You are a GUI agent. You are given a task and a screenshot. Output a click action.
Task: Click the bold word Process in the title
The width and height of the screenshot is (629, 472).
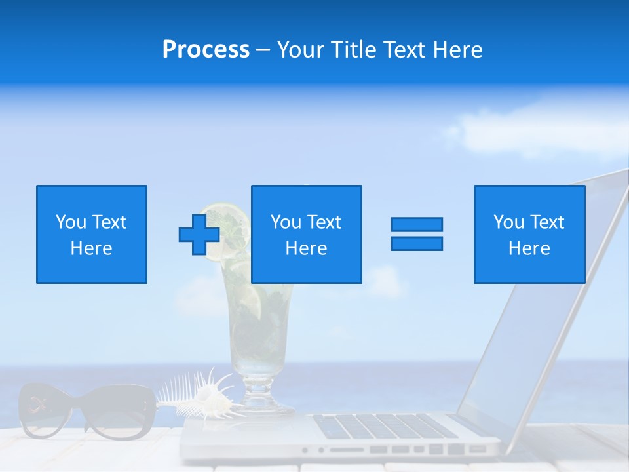click(206, 50)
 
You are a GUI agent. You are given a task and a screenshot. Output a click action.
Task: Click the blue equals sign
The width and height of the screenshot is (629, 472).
click(417, 234)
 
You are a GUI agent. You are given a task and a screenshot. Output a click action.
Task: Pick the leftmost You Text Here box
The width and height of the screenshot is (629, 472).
click(92, 234)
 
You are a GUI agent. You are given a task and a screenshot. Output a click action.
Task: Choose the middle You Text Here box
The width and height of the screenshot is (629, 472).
click(306, 234)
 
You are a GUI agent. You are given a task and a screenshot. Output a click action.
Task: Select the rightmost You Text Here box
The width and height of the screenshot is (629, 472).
click(529, 234)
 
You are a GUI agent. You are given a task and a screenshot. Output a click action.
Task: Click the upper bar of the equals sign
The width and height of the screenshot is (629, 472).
click(417, 225)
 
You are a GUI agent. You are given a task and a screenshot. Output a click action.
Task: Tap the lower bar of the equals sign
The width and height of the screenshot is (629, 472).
click(417, 243)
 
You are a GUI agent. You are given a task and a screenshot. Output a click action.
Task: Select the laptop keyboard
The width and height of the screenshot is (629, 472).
click(387, 427)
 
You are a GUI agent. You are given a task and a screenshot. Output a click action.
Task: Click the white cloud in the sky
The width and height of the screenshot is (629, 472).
click(524, 131)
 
